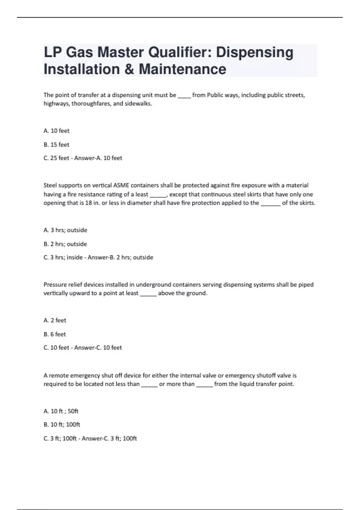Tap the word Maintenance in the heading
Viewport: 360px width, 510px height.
182,69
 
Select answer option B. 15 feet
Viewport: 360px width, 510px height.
56,145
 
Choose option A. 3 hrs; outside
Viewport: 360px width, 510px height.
65,230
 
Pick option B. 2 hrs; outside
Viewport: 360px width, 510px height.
65,244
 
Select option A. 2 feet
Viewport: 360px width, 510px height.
55,320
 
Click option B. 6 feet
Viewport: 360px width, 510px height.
55,334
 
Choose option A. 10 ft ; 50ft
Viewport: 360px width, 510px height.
61,411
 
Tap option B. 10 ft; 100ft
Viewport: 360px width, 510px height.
62,424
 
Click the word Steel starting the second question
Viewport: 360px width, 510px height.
50,185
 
